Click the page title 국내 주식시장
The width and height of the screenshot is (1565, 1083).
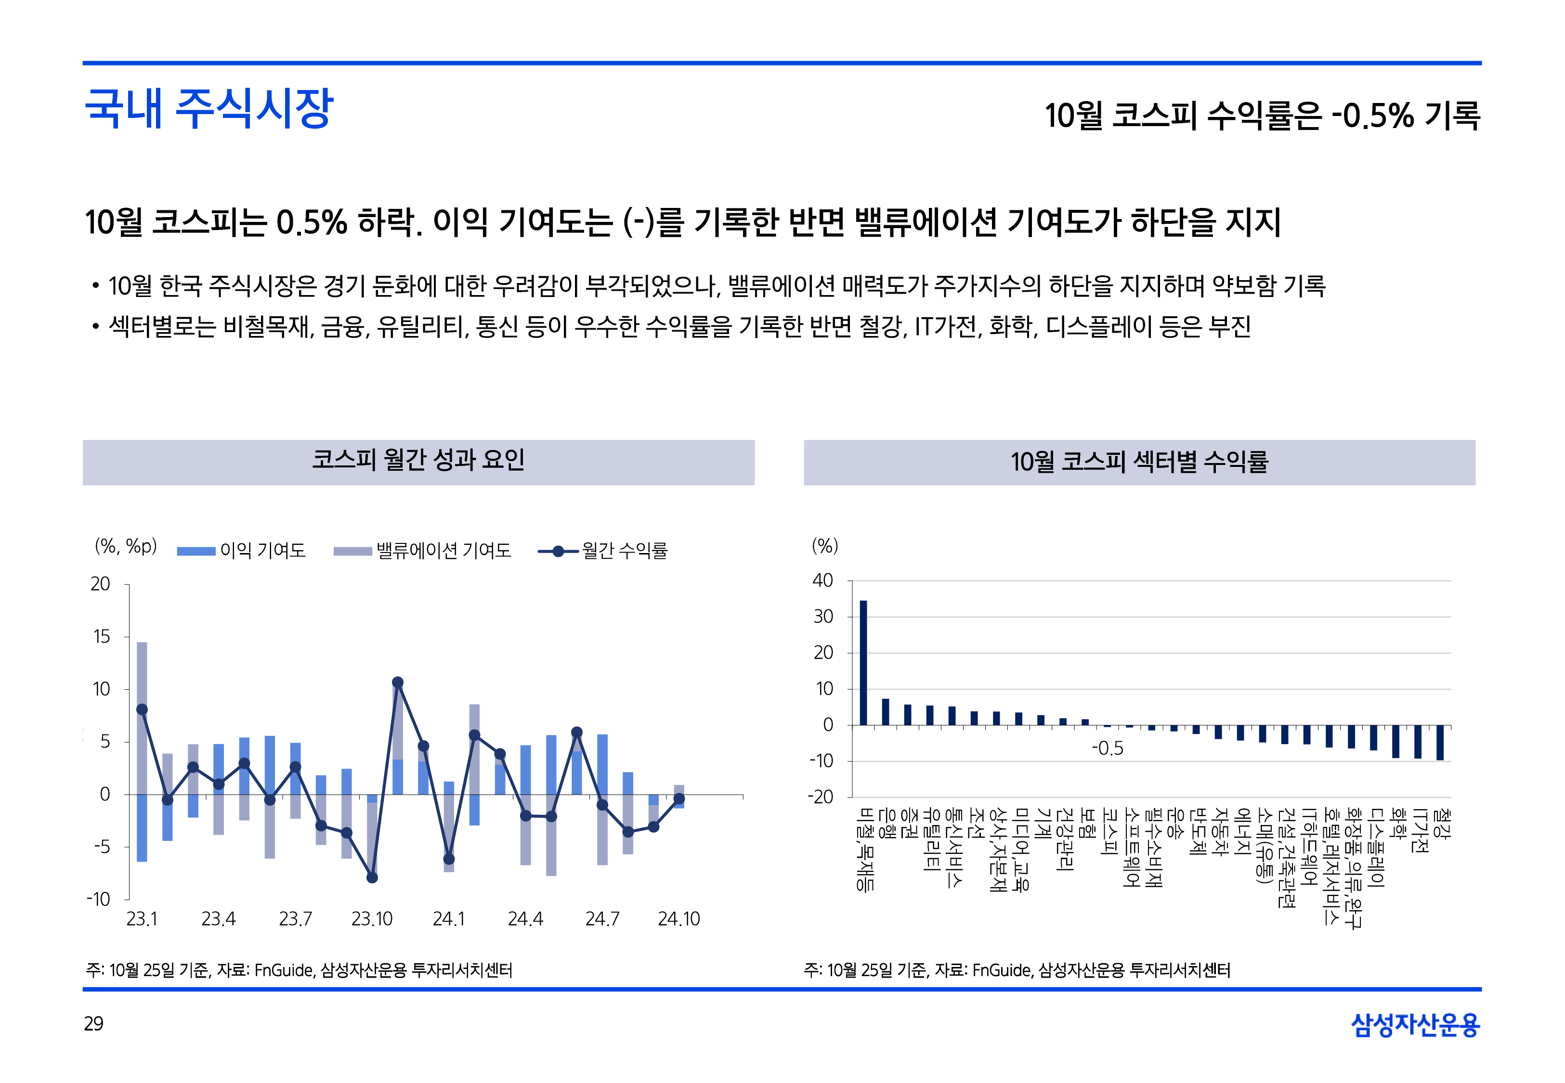click(x=209, y=109)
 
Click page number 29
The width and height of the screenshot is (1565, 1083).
click(x=93, y=1023)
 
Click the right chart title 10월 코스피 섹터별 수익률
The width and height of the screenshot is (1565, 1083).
click(x=1139, y=462)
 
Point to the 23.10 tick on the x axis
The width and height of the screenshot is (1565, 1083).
click(x=372, y=919)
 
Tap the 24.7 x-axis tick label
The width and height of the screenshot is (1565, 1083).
click(x=602, y=919)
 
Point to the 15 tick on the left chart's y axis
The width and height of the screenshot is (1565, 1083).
click(x=101, y=636)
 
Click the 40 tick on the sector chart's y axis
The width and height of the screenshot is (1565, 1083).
click(x=822, y=581)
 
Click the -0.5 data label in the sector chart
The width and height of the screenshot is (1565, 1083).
click(x=1108, y=748)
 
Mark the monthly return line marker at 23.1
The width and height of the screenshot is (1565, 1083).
click(x=142, y=709)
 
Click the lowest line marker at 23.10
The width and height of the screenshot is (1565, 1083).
click(x=372, y=877)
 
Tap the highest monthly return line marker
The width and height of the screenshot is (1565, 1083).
click(x=398, y=682)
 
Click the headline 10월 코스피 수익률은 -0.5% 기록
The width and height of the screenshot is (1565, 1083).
click(x=1262, y=116)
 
